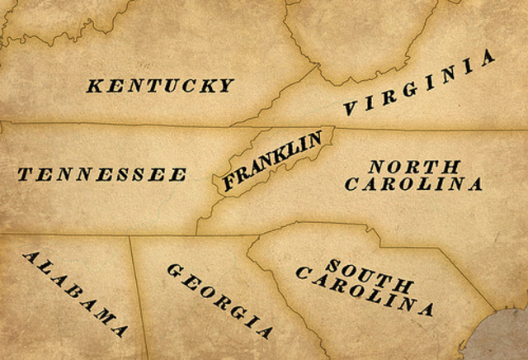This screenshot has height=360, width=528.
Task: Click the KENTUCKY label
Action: click(160, 85)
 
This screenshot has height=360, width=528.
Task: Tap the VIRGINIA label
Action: click(421, 83)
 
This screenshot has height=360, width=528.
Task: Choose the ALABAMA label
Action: click(76, 293)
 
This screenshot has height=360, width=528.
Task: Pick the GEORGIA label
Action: click(219, 301)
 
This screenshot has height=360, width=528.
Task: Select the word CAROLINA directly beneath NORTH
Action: click(413, 184)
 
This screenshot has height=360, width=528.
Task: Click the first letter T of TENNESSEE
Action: click(24, 174)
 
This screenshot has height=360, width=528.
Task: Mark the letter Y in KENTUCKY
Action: click(226, 85)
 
